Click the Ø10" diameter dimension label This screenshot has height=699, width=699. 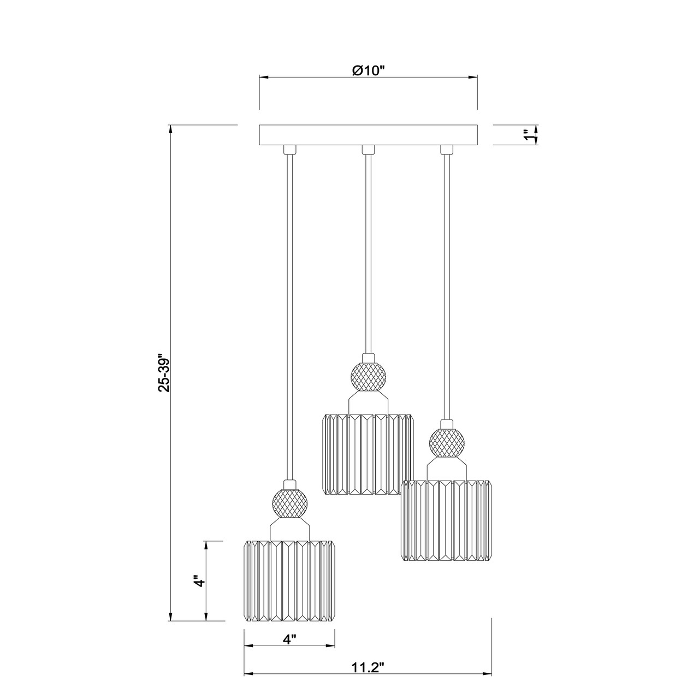pos(369,70)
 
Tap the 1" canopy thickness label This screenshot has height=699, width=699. pos(527,135)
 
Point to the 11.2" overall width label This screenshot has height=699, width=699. pos(368,667)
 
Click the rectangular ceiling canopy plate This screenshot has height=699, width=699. pos(368,135)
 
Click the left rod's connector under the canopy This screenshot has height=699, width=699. pos(290,149)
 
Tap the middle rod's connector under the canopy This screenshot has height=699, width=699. pos(369,149)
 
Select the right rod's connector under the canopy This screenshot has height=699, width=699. pos(447,149)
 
